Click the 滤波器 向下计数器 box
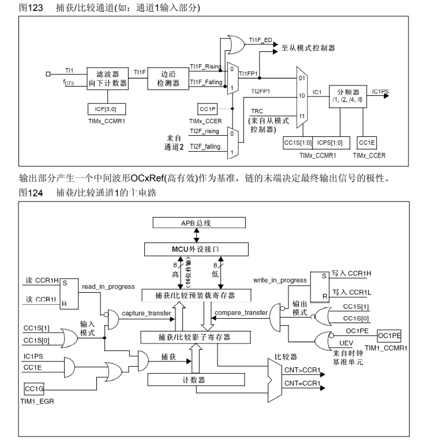click(x=108, y=79)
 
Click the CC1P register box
click(x=207, y=109)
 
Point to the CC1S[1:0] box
click(x=298, y=141)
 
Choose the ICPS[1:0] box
click(x=330, y=141)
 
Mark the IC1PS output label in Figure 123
click(x=380, y=91)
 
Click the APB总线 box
click(x=196, y=223)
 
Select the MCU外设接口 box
click(x=196, y=249)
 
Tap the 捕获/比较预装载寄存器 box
click(x=196, y=295)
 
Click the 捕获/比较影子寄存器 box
click(x=196, y=337)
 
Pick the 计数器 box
click(x=196, y=379)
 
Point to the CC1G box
click(x=34, y=389)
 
